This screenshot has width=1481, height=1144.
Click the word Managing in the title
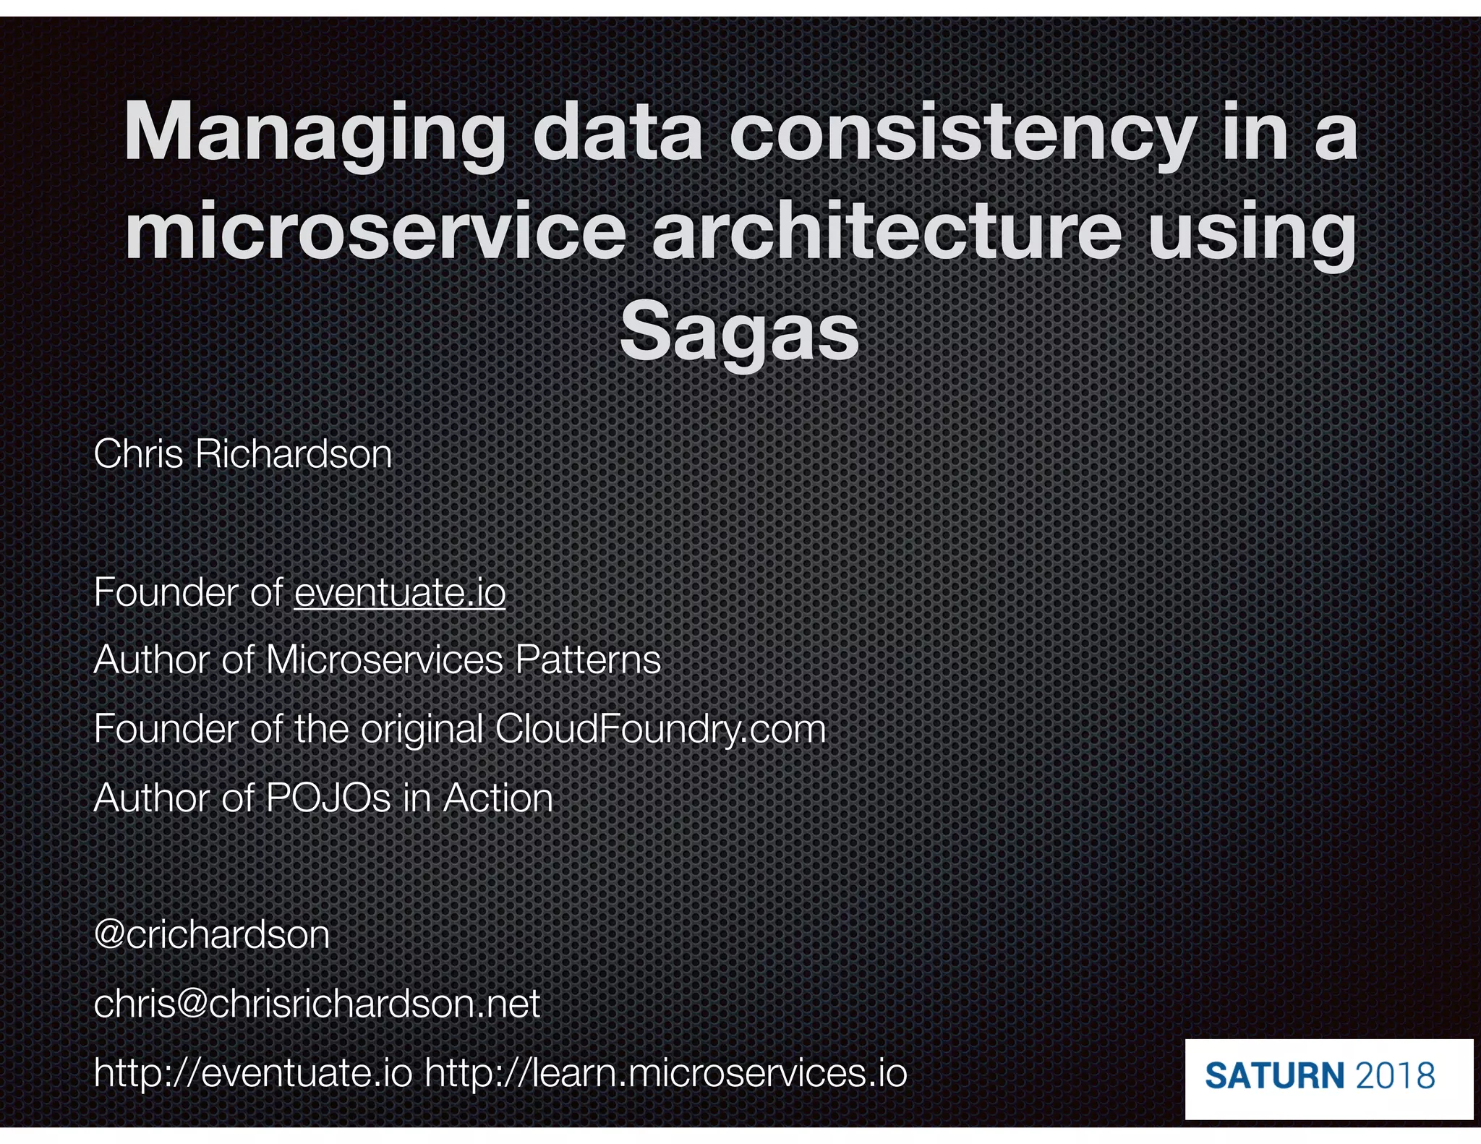tap(315, 134)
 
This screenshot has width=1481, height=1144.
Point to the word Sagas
tap(739, 333)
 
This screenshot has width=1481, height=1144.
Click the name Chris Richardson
tap(243, 454)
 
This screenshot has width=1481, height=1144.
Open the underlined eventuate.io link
tap(399, 592)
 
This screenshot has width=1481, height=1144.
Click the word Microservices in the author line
tap(384, 659)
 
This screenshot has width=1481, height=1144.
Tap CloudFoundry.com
tap(660, 728)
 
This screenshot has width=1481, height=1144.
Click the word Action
tap(498, 798)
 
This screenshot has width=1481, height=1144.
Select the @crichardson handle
tap(212, 934)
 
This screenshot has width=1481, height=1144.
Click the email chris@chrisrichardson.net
tap(317, 1004)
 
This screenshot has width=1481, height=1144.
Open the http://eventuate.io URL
tap(253, 1072)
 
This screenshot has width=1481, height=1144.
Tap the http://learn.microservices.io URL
tap(665, 1072)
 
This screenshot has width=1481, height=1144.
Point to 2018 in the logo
tap(1395, 1075)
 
